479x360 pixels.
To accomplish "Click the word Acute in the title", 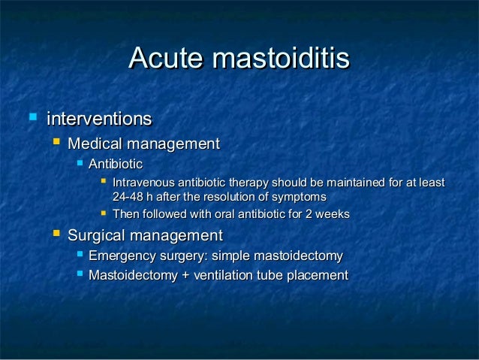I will (x=167, y=59).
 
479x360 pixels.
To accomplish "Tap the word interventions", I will (x=99, y=119).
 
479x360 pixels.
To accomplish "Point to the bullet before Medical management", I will (x=55, y=143).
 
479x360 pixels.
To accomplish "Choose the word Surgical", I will (x=95, y=235).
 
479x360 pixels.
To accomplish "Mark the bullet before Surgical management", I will (x=55, y=234).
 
